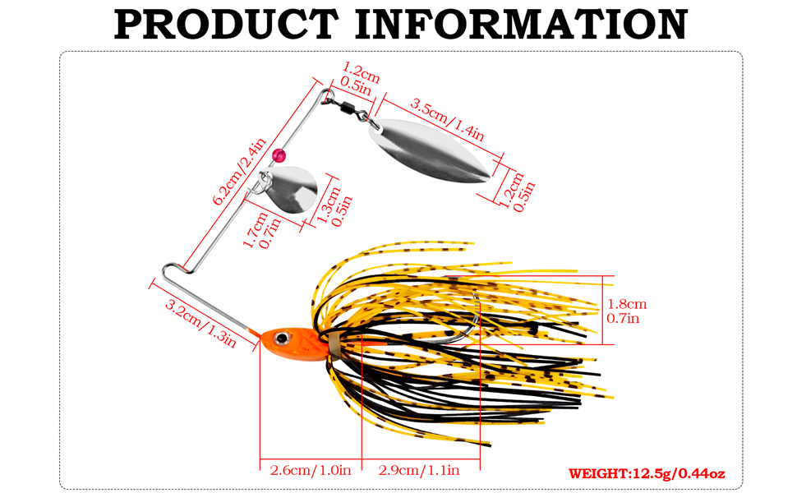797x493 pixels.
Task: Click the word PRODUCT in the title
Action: click(226, 24)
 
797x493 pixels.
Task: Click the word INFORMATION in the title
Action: click(521, 24)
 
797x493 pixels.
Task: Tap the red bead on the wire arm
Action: click(279, 155)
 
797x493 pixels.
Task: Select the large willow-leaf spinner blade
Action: click(429, 151)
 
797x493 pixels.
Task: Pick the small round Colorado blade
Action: click(290, 189)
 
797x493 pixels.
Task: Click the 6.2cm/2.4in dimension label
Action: click(239, 172)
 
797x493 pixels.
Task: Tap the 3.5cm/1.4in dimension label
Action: click(447, 120)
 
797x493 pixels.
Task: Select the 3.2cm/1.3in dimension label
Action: click(200, 323)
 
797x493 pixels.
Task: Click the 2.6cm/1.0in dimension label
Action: click(311, 470)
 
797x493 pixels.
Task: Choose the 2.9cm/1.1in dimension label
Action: click(419, 470)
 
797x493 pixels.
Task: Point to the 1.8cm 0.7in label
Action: click(627, 311)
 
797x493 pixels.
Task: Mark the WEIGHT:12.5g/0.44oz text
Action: click(647, 473)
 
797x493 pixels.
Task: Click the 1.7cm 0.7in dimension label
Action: click(262, 230)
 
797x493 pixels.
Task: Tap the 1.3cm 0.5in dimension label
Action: click(334, 206)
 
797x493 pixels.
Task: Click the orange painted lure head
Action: click(293, 343)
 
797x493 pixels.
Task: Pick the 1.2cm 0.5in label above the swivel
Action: click(361, 78)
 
